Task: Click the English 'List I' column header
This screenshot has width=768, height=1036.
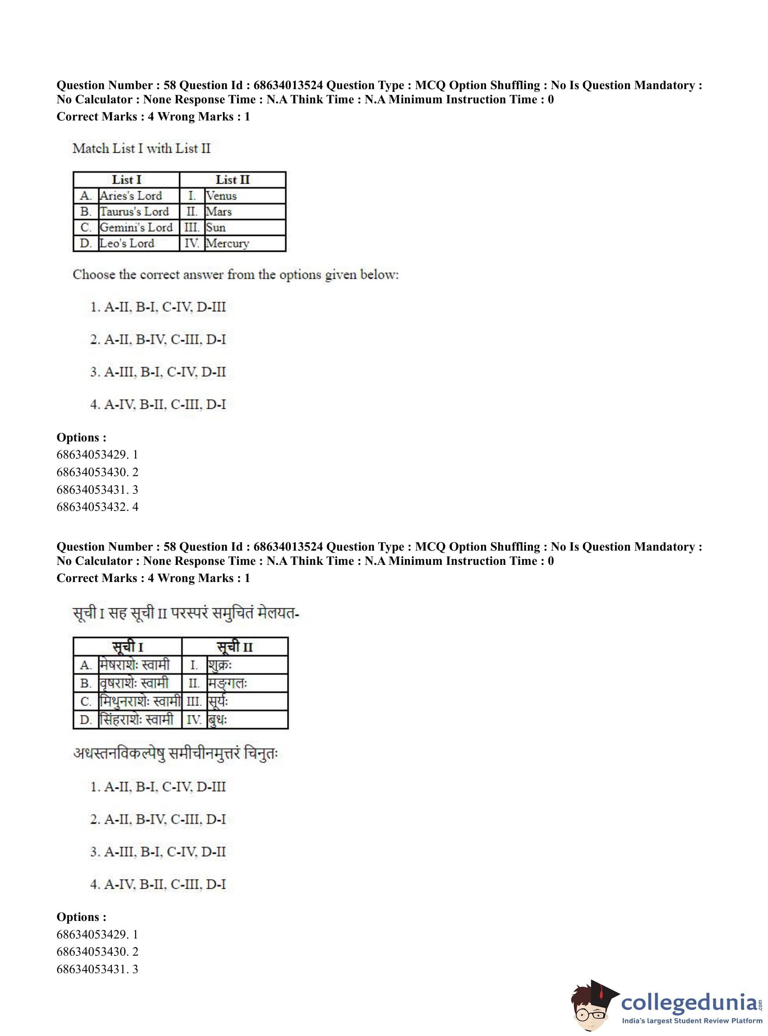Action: point(126,180)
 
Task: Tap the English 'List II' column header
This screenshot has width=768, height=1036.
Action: point(233,180)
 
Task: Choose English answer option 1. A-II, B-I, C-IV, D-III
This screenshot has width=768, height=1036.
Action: point(158,307)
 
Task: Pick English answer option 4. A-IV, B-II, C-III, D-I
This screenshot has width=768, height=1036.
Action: point(158,405)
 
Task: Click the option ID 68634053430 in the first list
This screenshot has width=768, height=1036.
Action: point(97,472)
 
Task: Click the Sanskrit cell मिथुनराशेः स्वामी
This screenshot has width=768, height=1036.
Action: point(139,701)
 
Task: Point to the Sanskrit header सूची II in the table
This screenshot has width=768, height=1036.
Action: point(235,647)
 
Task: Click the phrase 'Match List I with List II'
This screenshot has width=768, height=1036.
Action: point(141,149)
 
